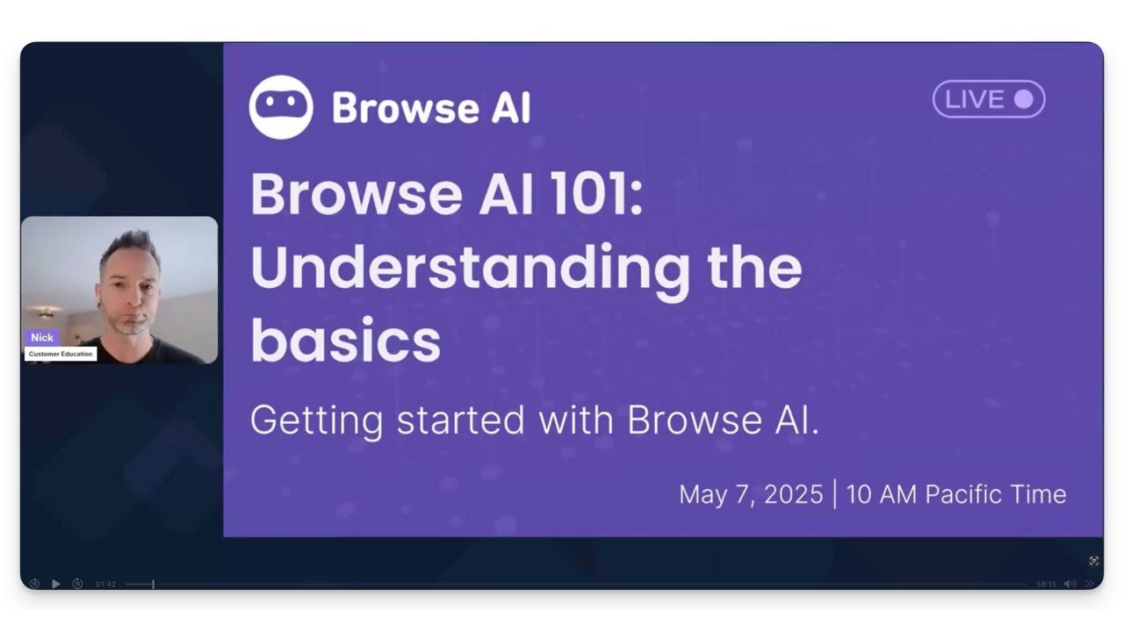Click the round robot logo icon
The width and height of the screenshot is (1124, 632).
click(280, 107)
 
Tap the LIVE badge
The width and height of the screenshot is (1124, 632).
click(988, 99)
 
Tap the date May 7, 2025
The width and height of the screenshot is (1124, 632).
click(750, 494)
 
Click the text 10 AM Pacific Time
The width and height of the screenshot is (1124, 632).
click(956, 494)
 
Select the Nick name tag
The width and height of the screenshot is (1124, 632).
click(42, 337)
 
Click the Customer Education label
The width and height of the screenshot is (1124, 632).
click(60, 354)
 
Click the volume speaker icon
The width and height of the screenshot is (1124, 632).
click(1070, 584)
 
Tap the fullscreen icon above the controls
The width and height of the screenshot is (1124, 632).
click(1094, 560)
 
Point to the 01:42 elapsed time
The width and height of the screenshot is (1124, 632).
click(105, 584)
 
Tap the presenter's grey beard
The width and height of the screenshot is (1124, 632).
click(132, 326)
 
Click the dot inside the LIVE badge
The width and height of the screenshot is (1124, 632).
click(1023, 99)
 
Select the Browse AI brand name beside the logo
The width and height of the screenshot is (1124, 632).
click(430, 108)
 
